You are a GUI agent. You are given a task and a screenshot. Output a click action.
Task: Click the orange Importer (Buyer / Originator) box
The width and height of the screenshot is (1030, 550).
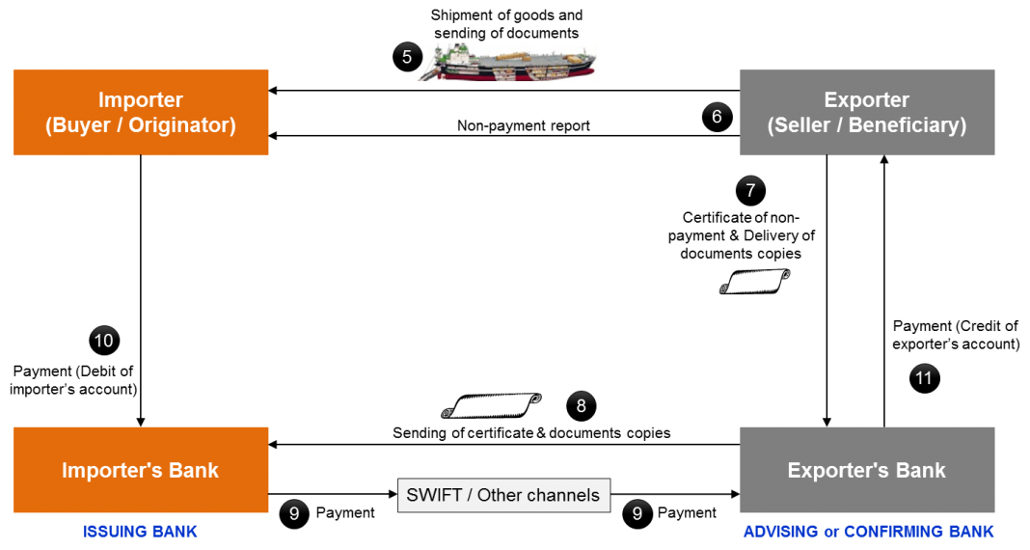tap(141, 112)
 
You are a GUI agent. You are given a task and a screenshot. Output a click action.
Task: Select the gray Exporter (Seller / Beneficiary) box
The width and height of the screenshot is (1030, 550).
tap(866, 112)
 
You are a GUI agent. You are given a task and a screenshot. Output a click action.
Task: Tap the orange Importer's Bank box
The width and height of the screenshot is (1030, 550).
tap(141, 470)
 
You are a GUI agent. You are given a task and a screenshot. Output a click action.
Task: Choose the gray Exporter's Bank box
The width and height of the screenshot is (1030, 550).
tap(866, 470)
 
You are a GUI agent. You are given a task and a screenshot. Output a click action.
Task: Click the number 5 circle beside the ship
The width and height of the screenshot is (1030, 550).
tap(407, 57)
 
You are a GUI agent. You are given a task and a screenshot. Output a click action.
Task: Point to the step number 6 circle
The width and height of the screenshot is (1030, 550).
tap(717, 117)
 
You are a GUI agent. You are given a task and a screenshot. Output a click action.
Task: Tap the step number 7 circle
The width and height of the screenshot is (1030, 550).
tap(750, 190)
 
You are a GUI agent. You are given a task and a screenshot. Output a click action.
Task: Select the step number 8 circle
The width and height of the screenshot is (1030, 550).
tap(581, 406)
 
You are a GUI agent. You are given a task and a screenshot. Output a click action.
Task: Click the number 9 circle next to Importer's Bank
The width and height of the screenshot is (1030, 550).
tap(294, 513)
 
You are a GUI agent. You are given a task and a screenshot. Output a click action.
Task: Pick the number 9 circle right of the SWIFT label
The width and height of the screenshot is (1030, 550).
tap(637, 513)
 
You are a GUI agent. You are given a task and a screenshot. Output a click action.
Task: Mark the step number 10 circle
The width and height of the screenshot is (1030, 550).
tap(103, 340)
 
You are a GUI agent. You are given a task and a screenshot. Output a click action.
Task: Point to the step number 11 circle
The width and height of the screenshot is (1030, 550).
tap(924, 377)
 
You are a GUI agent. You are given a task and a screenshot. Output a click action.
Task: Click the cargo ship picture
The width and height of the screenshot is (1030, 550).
tap(506, 62)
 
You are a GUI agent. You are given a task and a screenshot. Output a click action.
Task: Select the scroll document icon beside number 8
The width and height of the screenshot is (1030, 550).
tap(491, 405)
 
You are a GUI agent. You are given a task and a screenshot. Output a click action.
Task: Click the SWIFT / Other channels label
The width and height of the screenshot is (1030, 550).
tap(503, 495)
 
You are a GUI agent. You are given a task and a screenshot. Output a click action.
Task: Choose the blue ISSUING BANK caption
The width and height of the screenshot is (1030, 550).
tap(141, 532)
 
